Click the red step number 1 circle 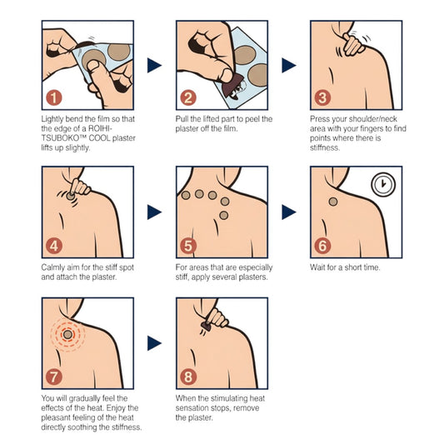54,98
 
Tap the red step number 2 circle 188,98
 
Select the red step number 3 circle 322,98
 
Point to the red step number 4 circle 54,246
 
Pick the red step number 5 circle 188,246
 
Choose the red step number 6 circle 322,246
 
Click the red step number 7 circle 54,377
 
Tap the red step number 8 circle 188,377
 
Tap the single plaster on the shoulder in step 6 336,200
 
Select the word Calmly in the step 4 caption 53,268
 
